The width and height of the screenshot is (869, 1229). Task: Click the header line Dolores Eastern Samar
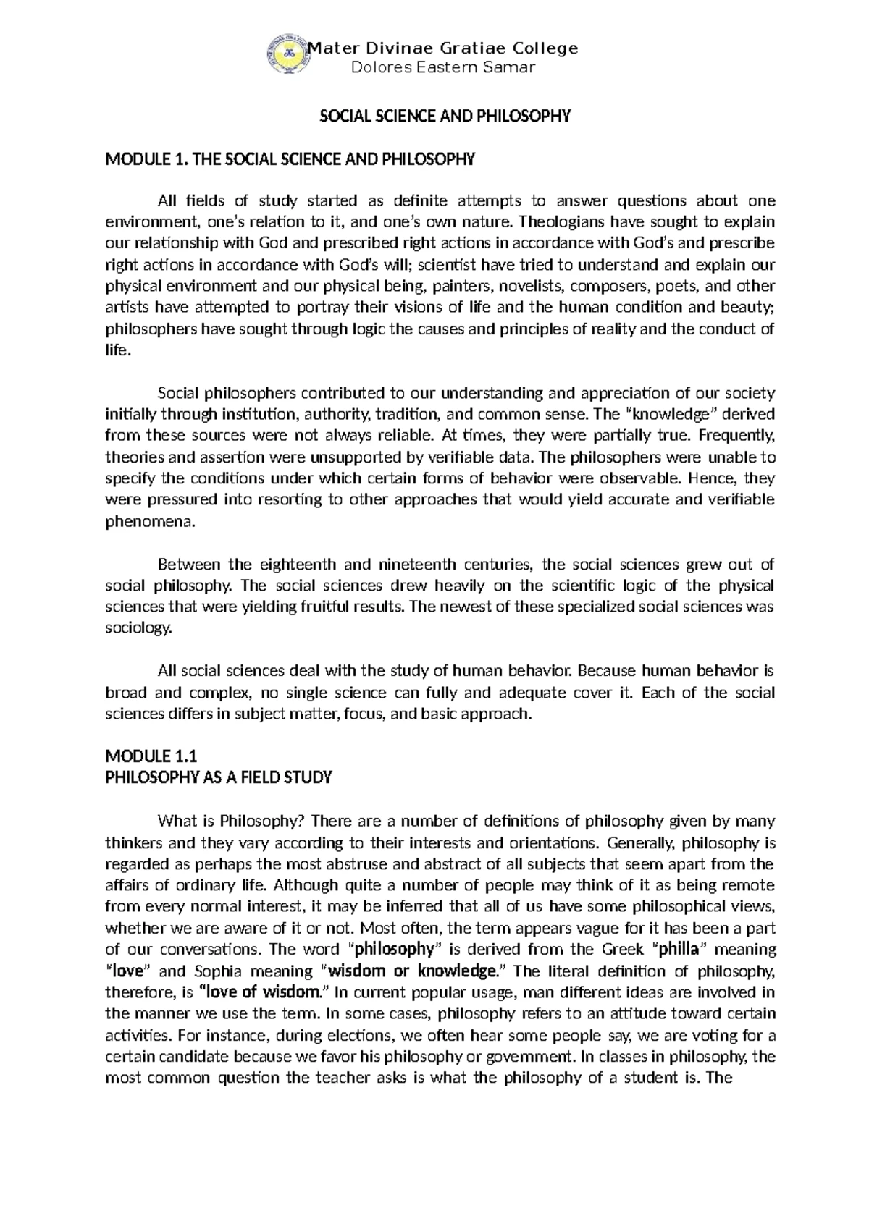pyautogui.click(x=442, y=68)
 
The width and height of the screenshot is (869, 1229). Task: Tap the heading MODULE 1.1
pyautogui.click(x=151, y=757)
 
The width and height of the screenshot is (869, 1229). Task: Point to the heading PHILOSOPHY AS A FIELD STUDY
pyautogui.click(x=218, y=778)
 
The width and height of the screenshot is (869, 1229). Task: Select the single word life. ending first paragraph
pyautogui.click(x=119, y=350)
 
